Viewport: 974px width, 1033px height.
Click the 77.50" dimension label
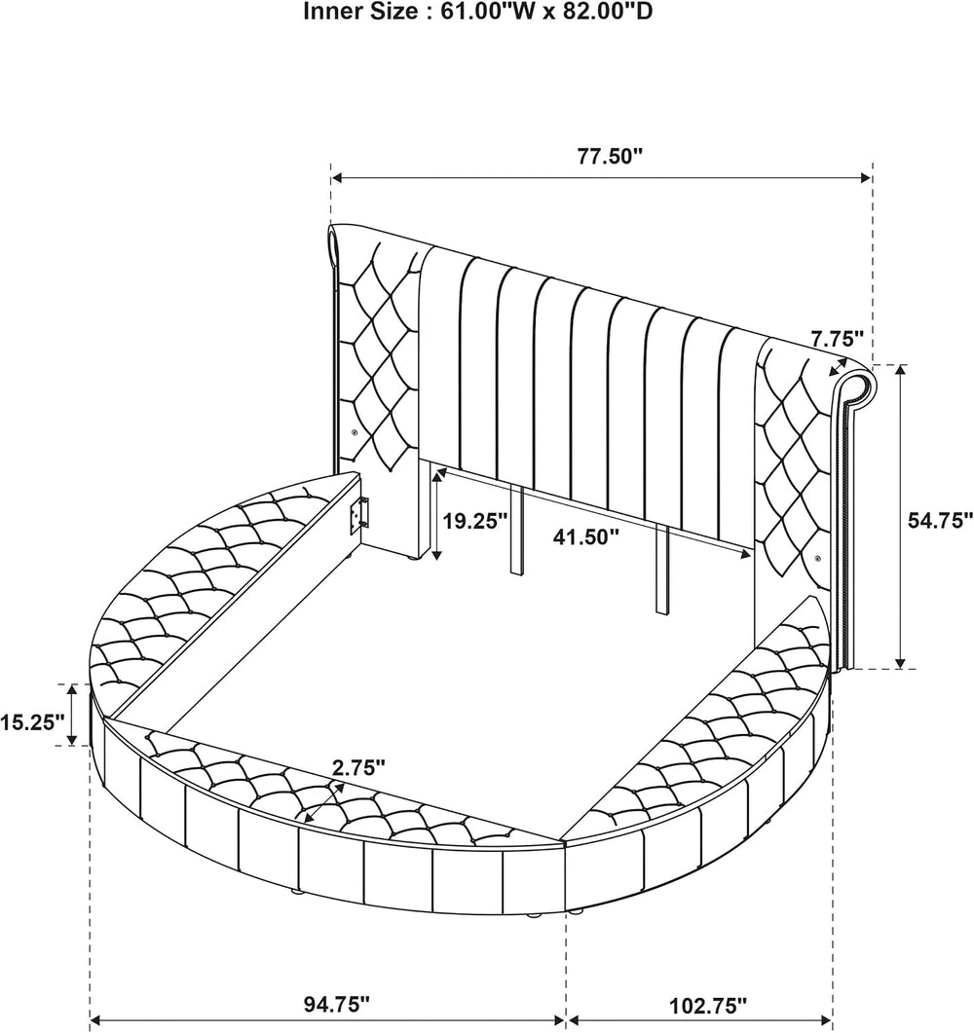point(610,157)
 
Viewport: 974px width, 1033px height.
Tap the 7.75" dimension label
point(837,339)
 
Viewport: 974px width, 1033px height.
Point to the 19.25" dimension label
point(474,522)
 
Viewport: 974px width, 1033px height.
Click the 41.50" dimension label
point(585,536)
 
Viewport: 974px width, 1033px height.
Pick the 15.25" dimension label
point(33,722)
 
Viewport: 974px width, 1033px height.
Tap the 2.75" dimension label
point(358,767)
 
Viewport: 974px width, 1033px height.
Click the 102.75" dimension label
point(708,1006)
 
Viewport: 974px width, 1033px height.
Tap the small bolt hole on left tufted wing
point(356,432)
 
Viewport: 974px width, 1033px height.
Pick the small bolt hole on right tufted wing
point(818,559)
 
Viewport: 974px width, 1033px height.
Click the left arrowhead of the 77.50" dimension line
point(337,177)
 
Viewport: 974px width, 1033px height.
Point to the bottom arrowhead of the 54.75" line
point(900,662)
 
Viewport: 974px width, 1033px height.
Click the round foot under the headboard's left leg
point(413,559)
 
